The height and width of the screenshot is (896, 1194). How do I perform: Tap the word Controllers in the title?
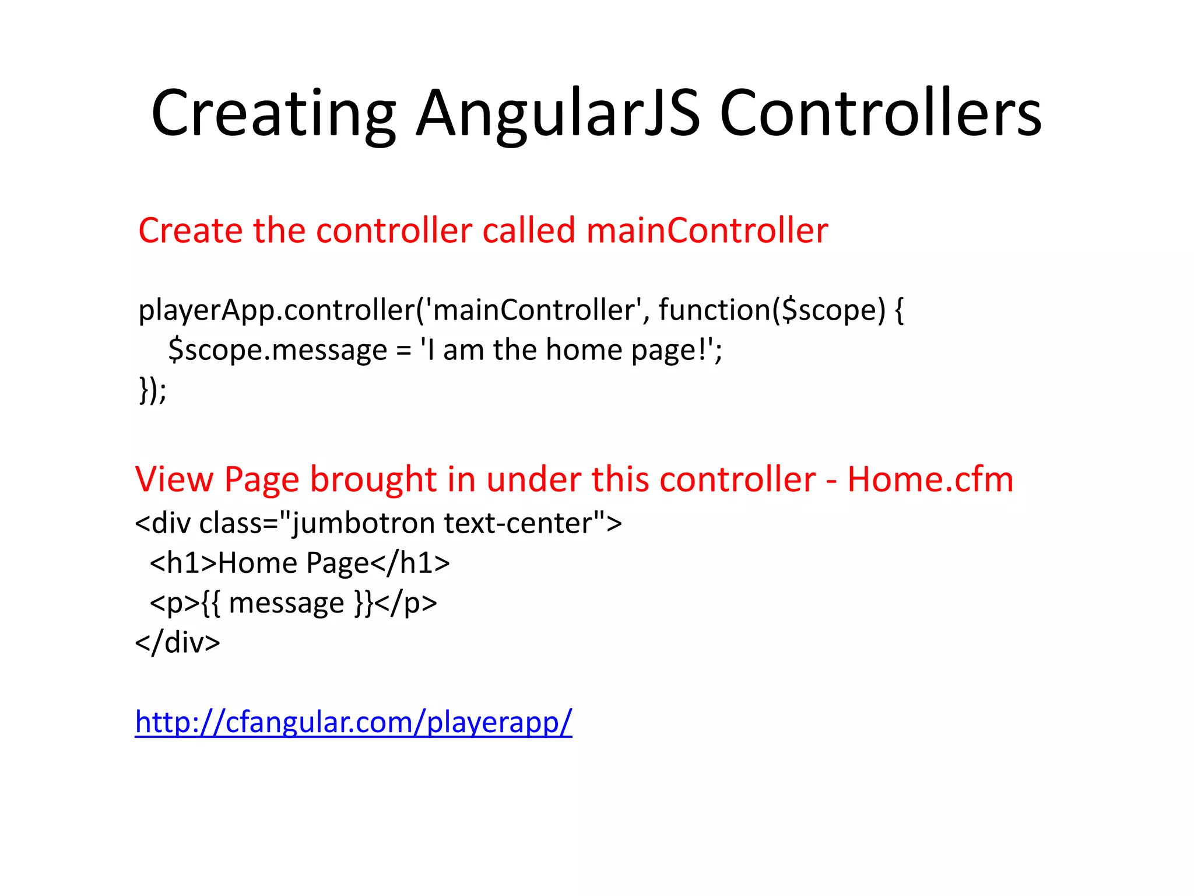tap(880, 114)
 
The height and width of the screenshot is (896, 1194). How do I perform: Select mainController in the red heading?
tap(707, 230)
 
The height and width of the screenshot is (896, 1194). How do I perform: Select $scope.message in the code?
tap(278, 351)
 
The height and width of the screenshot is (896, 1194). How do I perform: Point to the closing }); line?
tap(153, 390)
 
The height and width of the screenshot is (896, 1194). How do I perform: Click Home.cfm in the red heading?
tap(930, 480)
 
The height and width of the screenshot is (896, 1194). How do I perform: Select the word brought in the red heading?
tap(373, 480)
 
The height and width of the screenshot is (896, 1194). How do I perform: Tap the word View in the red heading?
tap(174, 480)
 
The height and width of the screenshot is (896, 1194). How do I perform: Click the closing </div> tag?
tap(177, 643)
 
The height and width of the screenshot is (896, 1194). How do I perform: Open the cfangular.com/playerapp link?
tap(353, 722)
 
